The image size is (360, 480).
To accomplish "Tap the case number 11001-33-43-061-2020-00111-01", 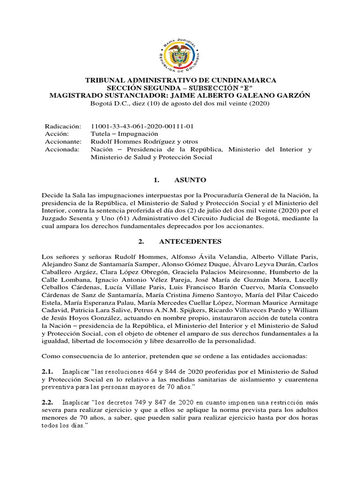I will click(142, 127).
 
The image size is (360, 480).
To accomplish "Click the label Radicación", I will click(63, 127).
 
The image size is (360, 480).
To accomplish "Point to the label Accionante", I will click(63, 142).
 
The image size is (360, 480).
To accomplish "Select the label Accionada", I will click(62, 150).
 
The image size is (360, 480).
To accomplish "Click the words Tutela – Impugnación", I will click(120, 134).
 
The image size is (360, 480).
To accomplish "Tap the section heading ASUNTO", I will click(190, 180).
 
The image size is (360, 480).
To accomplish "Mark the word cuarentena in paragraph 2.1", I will click(300, 379).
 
